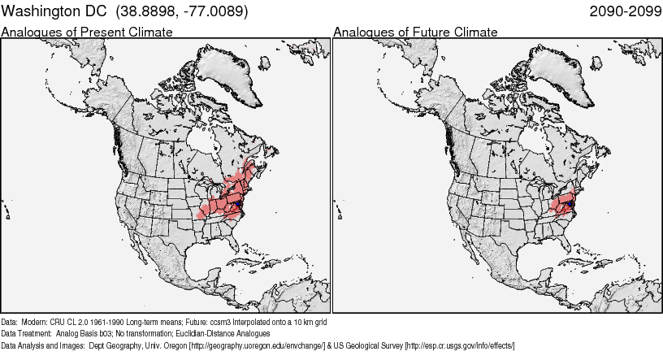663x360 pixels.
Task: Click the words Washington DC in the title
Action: coord(55,11)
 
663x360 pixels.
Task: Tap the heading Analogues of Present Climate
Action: coord(87,32)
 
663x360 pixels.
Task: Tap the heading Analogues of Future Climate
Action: coord(415,32)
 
